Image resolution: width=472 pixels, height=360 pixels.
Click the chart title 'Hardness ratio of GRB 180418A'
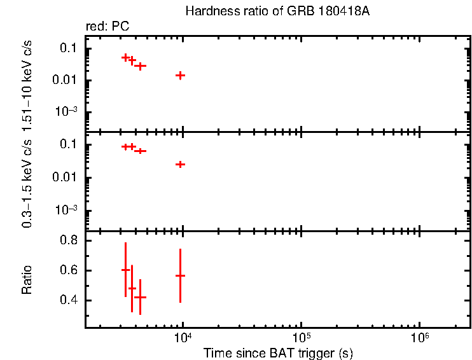point(276,11)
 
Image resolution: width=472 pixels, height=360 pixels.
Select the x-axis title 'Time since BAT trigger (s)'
point(278,352)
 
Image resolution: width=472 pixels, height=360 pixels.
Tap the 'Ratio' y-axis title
point(27,280)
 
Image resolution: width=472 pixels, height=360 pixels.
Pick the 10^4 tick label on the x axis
point(183,338)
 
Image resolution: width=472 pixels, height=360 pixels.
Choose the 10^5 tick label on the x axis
point(301,338)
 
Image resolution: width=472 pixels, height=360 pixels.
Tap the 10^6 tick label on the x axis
point(419,338)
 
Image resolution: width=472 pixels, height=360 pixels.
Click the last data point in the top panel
point(181,75)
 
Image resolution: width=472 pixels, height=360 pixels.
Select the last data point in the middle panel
point(181,164)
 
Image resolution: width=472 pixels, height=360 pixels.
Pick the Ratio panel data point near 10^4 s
point(181,275)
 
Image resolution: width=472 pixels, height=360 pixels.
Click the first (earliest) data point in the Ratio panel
point(126,270)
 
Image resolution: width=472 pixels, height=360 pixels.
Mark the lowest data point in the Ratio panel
point(140,297)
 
